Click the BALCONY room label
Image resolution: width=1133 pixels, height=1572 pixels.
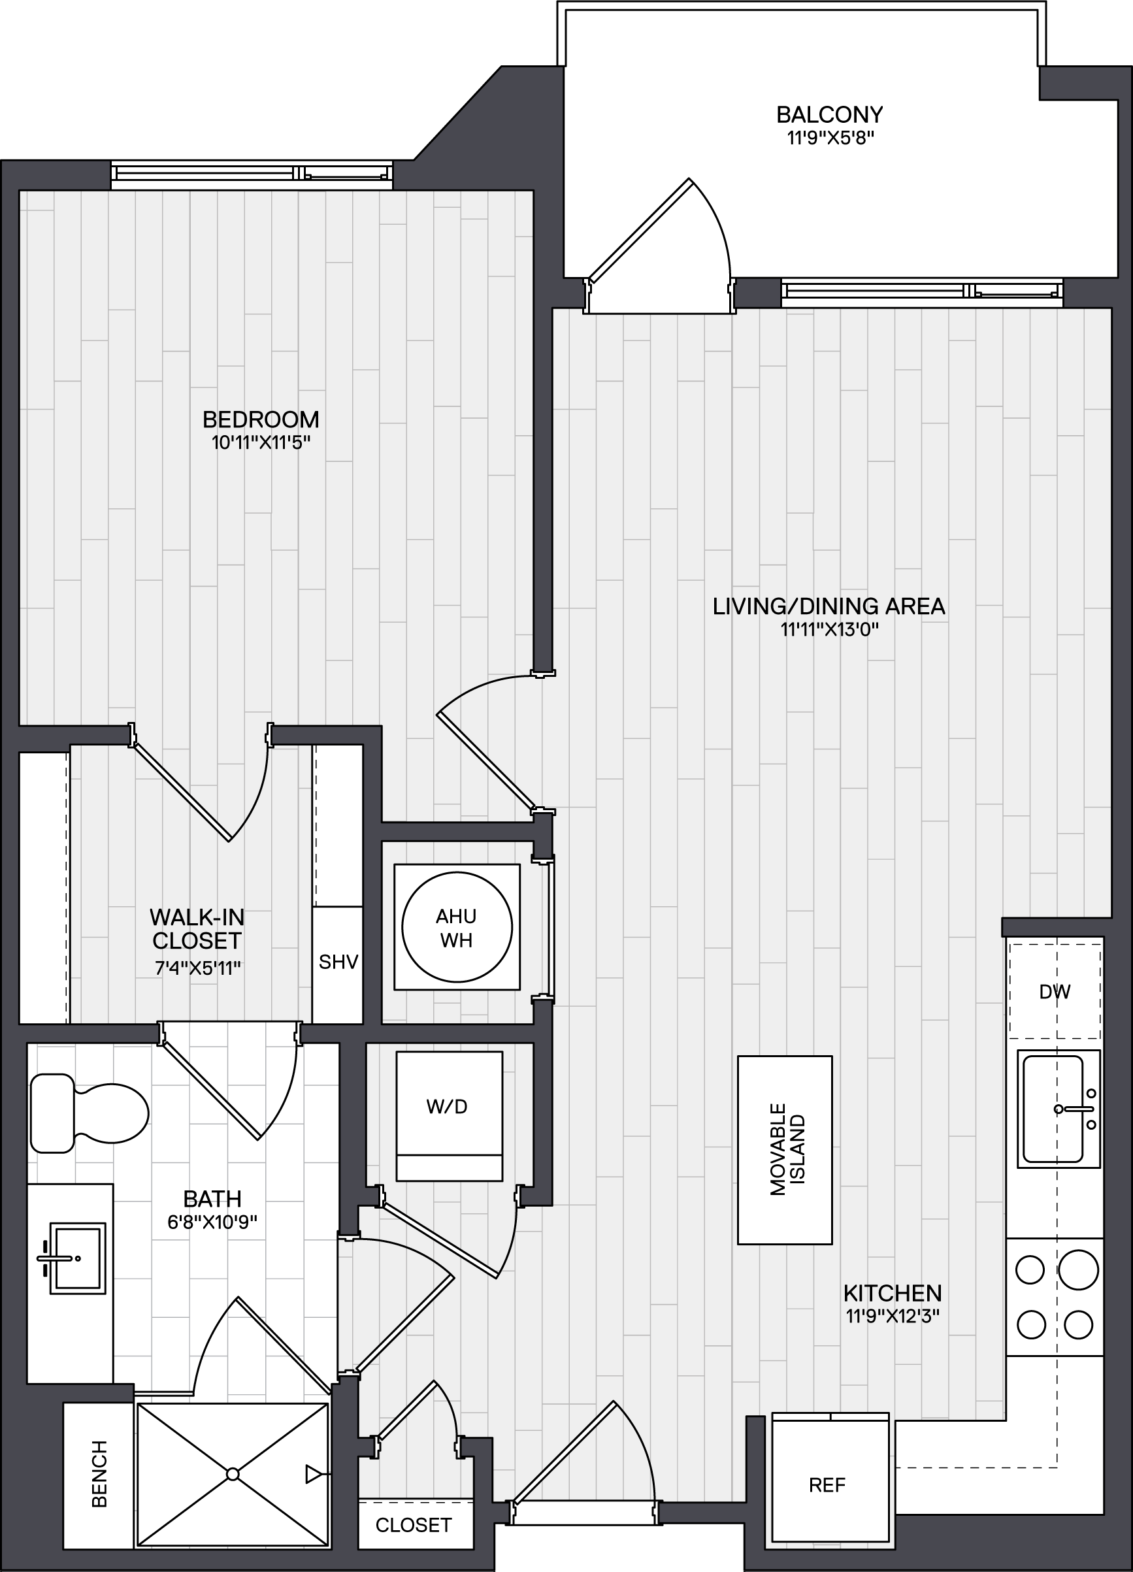(x=829, y=114)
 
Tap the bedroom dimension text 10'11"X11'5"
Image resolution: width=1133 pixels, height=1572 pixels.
(x=261, y=442)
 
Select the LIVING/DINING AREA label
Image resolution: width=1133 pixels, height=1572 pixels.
(x=829, y=606)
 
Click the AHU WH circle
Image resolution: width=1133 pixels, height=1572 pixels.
(x=457, y=927)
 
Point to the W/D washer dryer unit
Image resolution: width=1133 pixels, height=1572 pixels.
(x=449, y=1116)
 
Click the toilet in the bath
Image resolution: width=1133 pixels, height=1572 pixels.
(x=90, y=1114)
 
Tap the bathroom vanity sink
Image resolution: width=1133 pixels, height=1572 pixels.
(x=76, y=1258)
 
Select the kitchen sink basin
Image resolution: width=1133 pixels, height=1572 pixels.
(x=1053, y=1109)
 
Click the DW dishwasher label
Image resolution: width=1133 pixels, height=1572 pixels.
(x=1055, y=992)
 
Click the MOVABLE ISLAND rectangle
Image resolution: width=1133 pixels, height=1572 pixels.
(x=785, y=1150)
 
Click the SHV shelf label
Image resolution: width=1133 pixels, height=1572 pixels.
(x=338, y=961)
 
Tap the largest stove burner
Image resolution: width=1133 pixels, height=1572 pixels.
(x=1078, y=1269)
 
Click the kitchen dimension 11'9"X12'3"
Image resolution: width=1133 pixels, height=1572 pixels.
(x=893, y=1317)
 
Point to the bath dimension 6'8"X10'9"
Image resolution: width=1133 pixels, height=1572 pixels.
(x=212, y=1221)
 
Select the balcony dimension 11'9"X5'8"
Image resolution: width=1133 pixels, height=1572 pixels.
(x=830, y=137)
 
